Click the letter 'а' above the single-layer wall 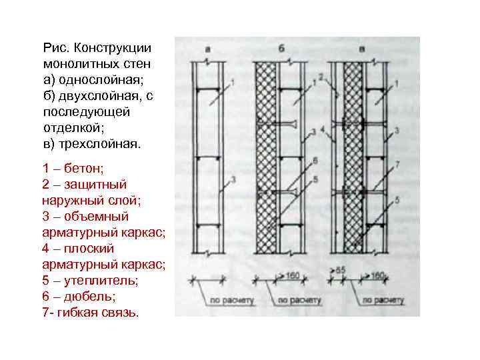tap(208, 49)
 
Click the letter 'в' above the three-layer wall tap(361, 49)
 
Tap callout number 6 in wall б tap(314, 160)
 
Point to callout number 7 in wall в tap(397, 163)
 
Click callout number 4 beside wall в tap(322, 129)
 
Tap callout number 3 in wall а tap(233, 178)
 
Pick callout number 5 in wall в tap(397, 199)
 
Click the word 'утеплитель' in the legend tap(101, 280)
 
